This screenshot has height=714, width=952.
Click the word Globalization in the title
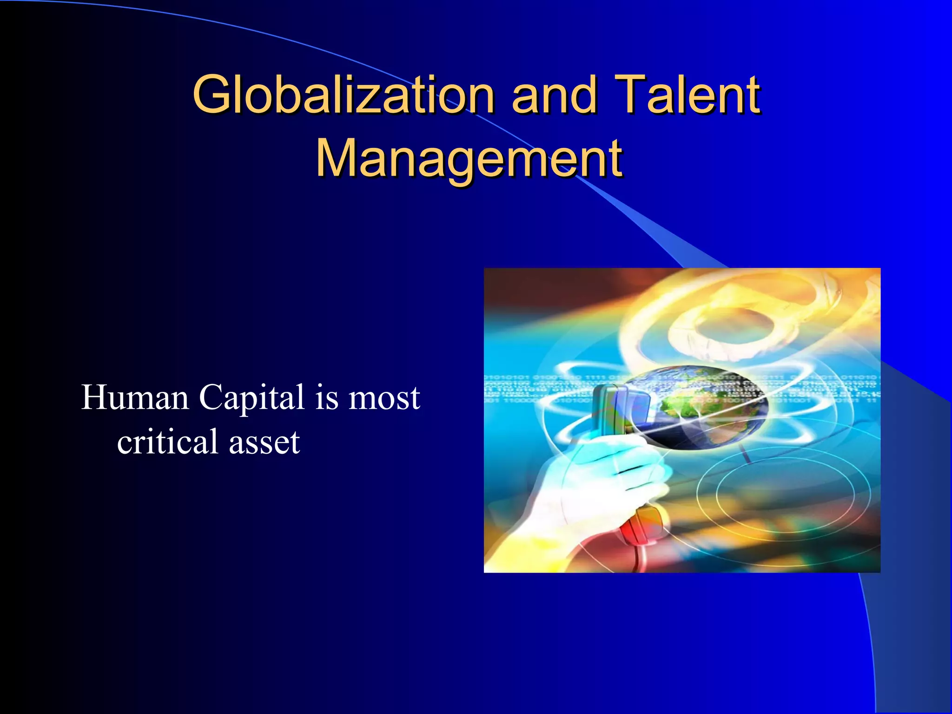[344, 95]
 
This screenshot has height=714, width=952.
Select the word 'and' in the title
[554, 95]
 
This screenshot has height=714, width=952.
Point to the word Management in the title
[469, 159]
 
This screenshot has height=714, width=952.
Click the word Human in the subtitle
[135, 398]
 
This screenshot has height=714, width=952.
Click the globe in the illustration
[697, 409]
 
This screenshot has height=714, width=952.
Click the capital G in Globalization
[212, 95]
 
